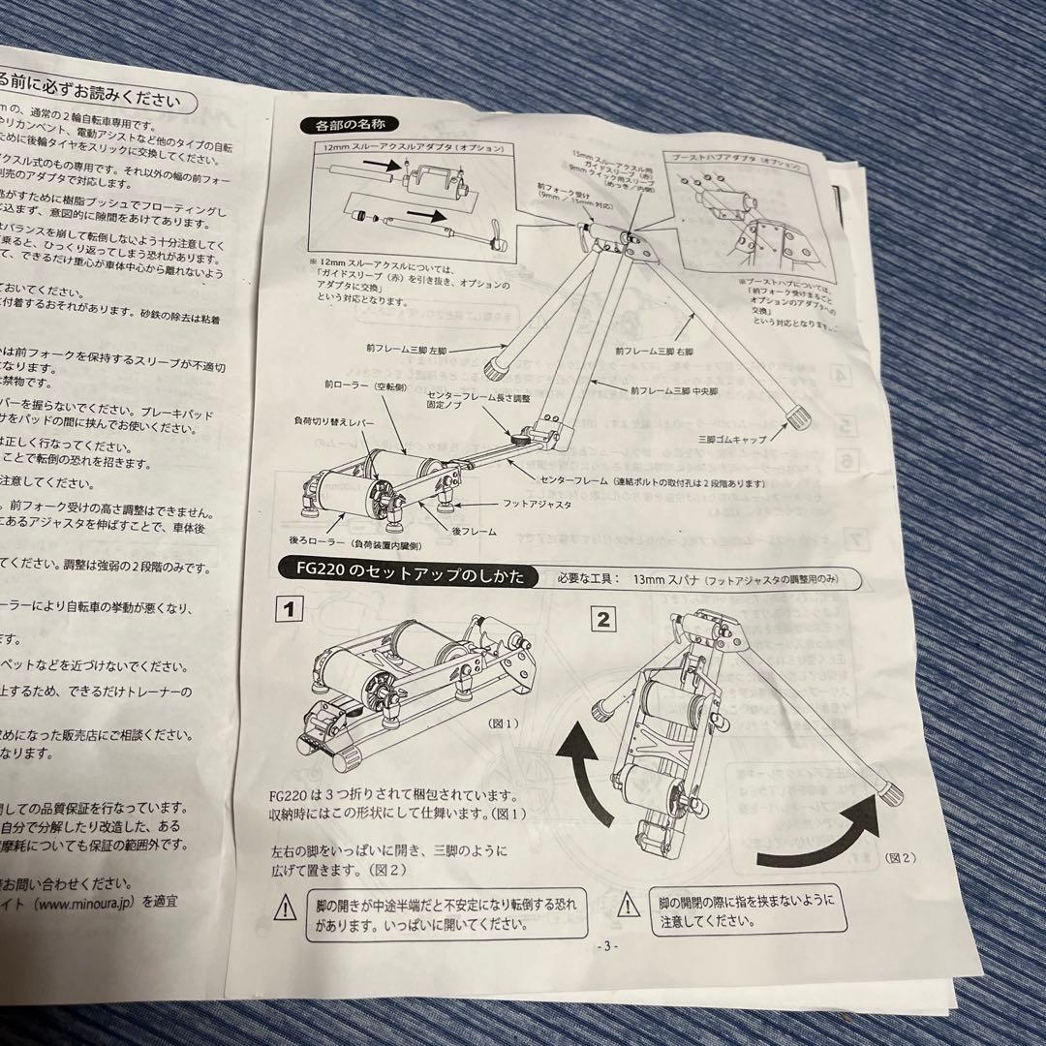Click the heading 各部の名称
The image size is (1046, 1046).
point(344,124)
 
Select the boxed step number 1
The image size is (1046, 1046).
point(288,611)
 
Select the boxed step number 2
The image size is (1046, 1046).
point(602,619)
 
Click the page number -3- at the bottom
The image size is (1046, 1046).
point(607,946)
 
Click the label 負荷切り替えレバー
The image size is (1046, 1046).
point(336,422)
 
